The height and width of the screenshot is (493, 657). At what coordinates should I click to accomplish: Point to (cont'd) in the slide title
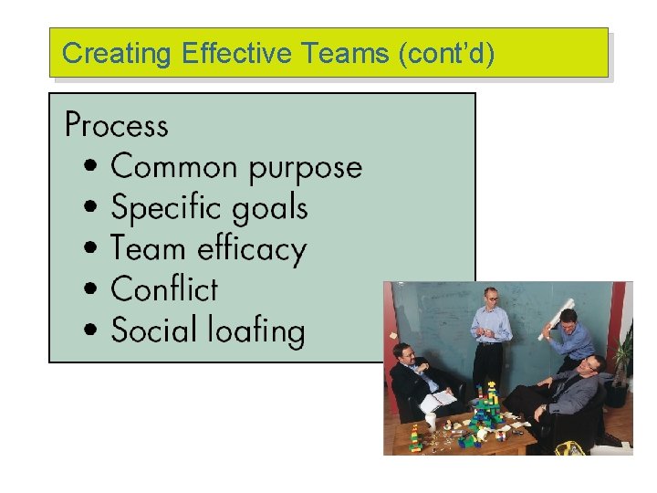[x=446, y=54]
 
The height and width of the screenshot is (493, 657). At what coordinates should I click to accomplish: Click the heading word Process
[x=117, y=124]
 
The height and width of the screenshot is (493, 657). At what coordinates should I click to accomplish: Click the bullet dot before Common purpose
[x=91, y=168]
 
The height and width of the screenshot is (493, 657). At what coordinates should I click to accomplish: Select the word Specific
[x=159, y=209]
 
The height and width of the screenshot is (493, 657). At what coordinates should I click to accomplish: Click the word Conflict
[x=164, y=289]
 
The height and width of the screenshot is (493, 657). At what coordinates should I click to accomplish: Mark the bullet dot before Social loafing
[x=91, y=330]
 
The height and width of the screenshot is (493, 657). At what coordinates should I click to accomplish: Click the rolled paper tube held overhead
[x=558, y=315]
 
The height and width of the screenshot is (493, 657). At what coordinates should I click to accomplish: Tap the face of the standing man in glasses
[x=492, y=299]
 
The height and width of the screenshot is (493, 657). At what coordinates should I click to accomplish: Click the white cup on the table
[x=431, y=421]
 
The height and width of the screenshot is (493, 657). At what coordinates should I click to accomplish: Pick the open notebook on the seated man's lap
[x=439, y=398]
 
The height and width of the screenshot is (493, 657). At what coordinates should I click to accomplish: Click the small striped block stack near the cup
[x=415, y=439]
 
